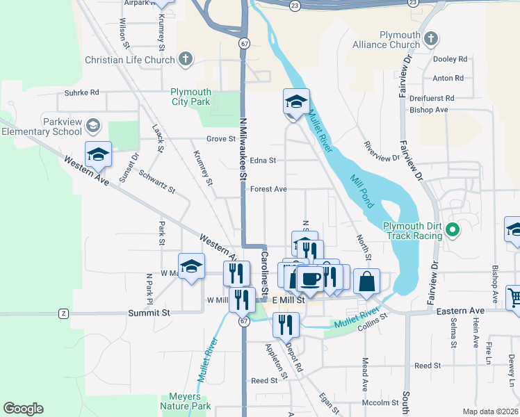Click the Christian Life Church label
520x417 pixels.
click(130, 60)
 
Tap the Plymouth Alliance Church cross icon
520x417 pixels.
click(431, 37)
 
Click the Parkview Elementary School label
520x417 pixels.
click(42, 126)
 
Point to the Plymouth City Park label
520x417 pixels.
click(191, 97)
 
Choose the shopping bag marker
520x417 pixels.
click(366, 281)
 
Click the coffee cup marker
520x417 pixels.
click(310, 279)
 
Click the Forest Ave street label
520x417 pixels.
click(269, 189)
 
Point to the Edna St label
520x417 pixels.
click(263, 160)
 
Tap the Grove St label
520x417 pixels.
click(222, 139)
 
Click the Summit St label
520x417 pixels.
click(149, 313)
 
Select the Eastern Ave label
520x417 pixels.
click(459, 311)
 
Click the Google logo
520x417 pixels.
click(23, 409)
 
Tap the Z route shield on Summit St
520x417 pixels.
click(64, 313)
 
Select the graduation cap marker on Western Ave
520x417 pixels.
click(98, 155)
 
